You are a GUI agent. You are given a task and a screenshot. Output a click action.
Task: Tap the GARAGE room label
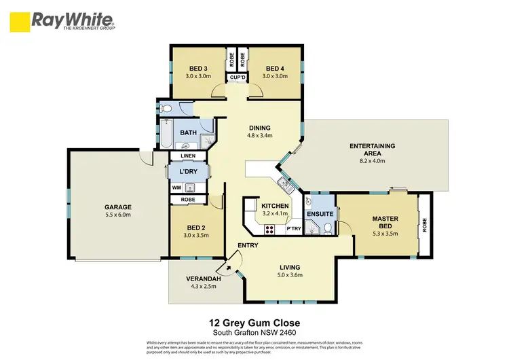pos(117,207)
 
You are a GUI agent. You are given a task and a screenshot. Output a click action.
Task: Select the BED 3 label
pos(197,69)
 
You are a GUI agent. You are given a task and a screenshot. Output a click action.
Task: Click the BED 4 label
pos(274,69)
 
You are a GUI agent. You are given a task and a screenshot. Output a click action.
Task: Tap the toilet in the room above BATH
pos(166,108)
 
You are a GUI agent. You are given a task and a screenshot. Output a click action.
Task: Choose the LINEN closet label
pos(188,156)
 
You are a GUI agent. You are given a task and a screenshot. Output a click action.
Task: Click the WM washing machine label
pos(176,187)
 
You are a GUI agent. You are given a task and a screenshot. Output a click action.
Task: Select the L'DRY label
pos(188,172)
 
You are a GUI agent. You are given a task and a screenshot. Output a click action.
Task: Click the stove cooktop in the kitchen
pos(269,229)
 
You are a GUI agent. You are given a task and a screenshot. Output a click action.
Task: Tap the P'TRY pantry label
pos(293,229)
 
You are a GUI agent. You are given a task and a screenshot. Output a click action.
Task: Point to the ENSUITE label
pos(319,213)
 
